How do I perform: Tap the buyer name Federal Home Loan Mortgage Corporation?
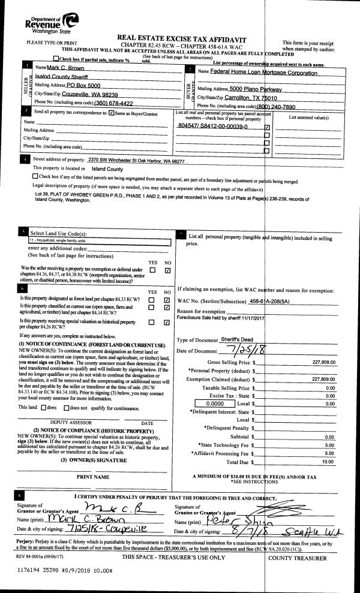pos(263,73)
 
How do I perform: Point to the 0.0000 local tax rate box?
pos(210,404)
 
